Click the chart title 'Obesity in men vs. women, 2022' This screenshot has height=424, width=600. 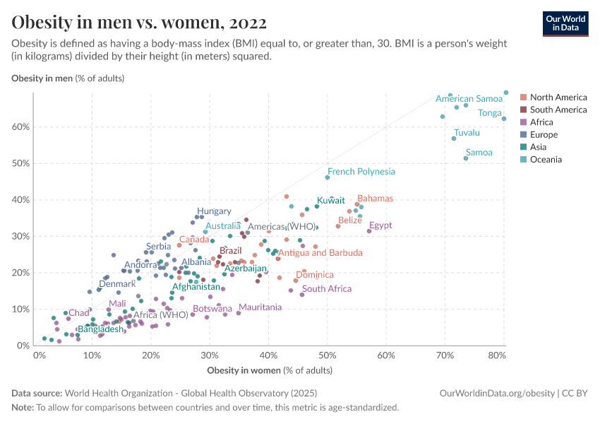139,22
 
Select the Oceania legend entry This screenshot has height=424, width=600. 545,160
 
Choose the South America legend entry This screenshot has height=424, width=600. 558,110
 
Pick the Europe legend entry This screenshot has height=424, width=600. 544,134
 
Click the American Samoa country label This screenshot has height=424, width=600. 469,99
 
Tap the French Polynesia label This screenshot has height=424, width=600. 361,172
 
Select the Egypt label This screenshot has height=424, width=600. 380,225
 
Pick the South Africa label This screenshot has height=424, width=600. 327,289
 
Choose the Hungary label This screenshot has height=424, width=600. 214,211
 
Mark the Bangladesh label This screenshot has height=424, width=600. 101,329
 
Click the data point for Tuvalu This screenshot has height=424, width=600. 454,139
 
